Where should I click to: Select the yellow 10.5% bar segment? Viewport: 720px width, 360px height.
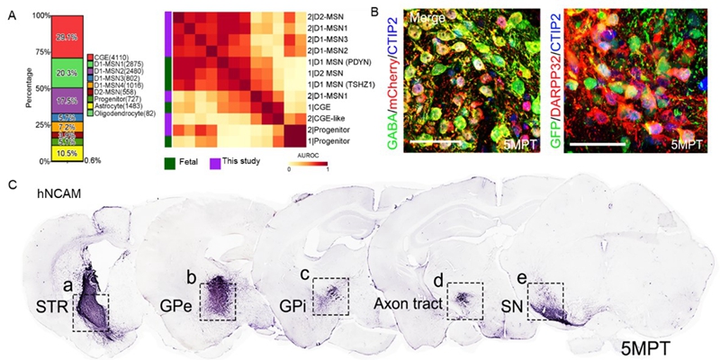pos(60,153)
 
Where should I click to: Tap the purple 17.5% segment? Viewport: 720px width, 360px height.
pos(60,101)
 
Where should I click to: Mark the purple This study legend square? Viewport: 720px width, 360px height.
pos(216,163)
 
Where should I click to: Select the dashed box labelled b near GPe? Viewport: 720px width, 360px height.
pos(217,301)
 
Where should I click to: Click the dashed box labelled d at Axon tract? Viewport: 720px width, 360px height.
pos(465,301)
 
